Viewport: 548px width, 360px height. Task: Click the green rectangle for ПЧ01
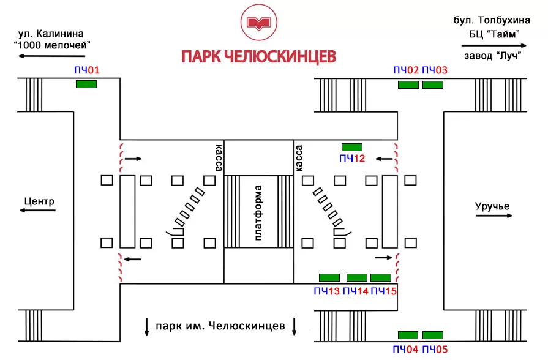click(86, 84)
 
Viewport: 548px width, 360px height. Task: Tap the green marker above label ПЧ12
click(352, 147)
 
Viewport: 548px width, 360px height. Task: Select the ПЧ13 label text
click(327, 291)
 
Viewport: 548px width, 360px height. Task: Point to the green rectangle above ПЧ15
click(381, 277)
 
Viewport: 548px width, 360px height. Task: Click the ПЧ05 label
click(435, 349)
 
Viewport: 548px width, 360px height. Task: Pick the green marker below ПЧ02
click(408, 84)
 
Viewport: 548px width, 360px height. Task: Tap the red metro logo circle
click(258, 23)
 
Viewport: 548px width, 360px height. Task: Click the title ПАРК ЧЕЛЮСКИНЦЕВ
click(258, 56)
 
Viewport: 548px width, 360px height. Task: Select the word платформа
click(258, 213)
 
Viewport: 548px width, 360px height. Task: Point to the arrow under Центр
click(37, 210)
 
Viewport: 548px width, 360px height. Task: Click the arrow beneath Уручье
click(494, 216)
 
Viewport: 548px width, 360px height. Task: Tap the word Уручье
click(492, 206)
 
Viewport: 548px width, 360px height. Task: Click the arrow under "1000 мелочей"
click(51, 56)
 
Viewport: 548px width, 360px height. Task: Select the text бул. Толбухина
click(492, 20)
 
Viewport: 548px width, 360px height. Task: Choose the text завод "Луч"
click(493, 56)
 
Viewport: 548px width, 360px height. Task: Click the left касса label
click(219, 157)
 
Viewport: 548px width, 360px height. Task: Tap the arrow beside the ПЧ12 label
click(384, 159)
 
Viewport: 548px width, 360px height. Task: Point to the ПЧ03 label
click(435, 70)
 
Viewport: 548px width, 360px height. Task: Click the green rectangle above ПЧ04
click(408, 335)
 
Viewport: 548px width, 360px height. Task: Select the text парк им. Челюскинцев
click(220, 326)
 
